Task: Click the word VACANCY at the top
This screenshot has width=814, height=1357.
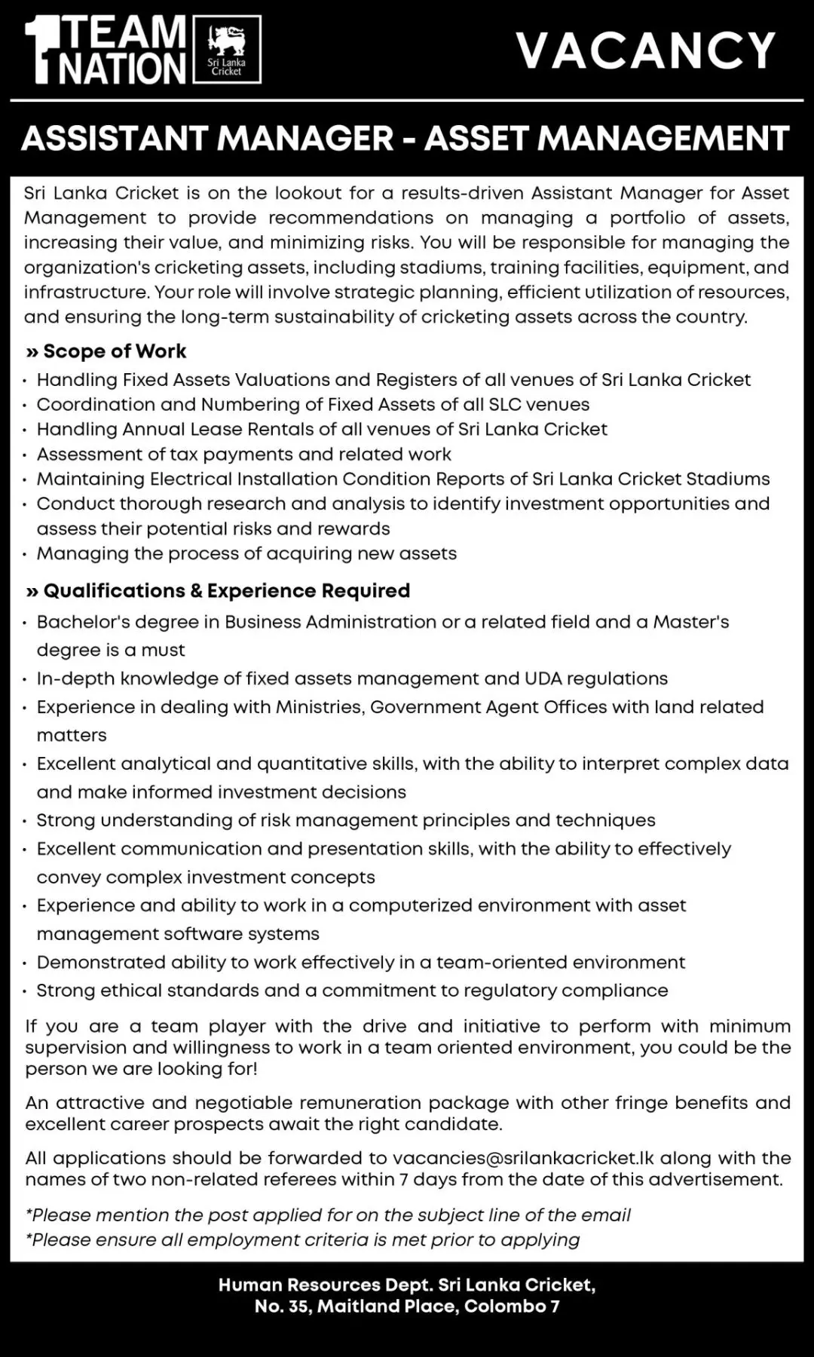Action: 646,50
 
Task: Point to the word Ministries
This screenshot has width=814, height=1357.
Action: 317,707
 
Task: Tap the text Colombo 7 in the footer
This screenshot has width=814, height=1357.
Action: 512,1306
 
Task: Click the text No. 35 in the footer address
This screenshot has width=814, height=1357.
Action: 281,1306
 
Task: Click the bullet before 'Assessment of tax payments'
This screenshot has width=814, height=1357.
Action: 26,455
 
